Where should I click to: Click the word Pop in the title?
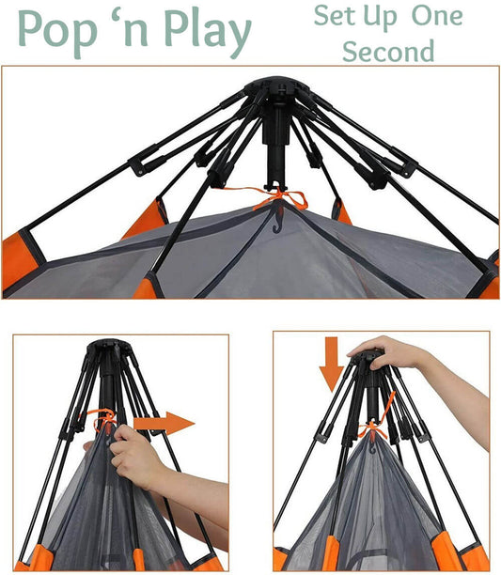(57, 32)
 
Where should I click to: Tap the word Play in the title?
(208, 32)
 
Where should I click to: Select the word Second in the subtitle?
(388, 51)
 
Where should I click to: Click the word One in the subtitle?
(437, 16)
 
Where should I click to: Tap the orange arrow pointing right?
(164, 423)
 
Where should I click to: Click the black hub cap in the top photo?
(277, 86)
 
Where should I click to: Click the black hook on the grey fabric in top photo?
(277, 219)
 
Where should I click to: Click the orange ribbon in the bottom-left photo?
(102, 418)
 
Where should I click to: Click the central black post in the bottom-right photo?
(372, 396)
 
